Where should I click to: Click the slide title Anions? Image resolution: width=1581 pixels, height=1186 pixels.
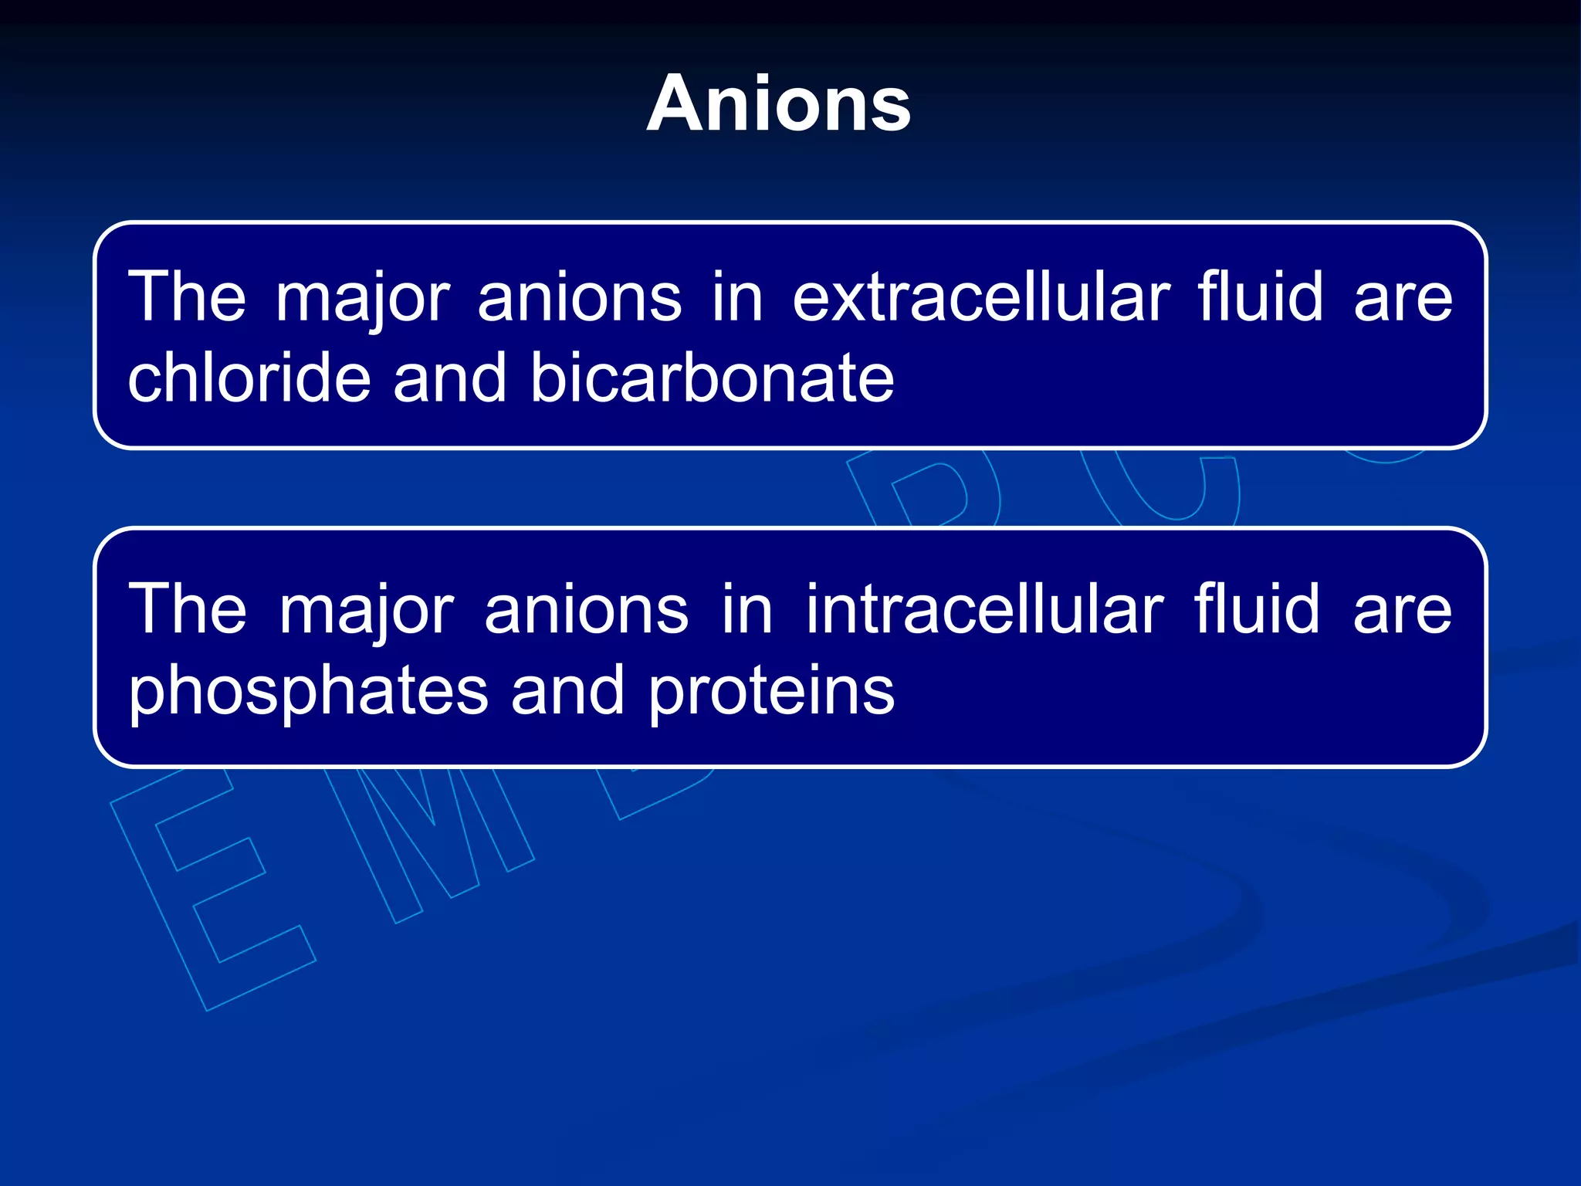click(779, 104)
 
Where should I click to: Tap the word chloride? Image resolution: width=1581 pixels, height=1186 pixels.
click(249, 378)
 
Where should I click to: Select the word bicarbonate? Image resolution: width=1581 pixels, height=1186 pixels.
click(712, 378)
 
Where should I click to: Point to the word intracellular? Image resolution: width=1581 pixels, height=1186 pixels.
click(984, 610)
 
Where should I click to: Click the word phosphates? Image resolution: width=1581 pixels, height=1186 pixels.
click(308, 691)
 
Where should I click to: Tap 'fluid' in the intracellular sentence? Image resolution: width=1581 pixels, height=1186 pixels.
click(1258, 610)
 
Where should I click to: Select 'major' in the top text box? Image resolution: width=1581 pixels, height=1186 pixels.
click(363, 299)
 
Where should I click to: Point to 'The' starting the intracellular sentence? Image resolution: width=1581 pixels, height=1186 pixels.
click(188, 610)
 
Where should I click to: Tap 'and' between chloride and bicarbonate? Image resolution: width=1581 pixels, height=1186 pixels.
click(450, 378)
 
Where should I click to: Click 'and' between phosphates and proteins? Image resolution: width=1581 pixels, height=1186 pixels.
click(567, 691)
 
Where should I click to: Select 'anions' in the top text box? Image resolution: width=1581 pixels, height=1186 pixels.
click(580, 299)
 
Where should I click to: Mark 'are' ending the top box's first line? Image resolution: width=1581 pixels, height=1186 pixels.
click(1403, 299)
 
